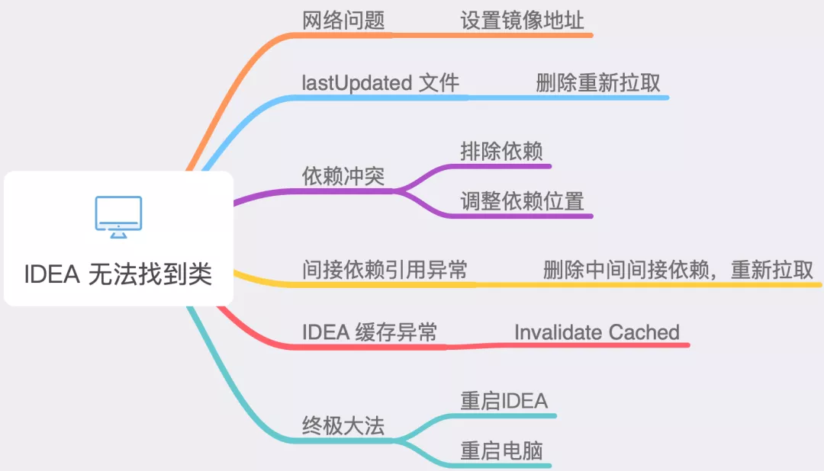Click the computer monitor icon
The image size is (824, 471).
tap(118, 216)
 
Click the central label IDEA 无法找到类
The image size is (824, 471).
tap(117, 274)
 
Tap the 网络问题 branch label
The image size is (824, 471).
tap(343, 21)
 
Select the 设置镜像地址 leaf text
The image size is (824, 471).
tap(522, 21)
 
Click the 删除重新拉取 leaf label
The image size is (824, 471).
tap(598, 83)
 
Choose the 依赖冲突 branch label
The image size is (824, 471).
tap(343, 176)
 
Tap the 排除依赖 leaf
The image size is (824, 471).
tap(501, 150)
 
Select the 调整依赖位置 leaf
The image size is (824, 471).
tap(522, 201)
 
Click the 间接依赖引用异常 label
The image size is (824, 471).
tap(385, 270)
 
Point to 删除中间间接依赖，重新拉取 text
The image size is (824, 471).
tap(678, 270)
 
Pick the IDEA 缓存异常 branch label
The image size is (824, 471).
tap(370, 332)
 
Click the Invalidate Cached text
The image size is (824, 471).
tap(597, 332)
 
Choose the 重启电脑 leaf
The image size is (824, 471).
tap(501, 451)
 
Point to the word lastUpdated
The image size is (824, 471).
tap(356, 83)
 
